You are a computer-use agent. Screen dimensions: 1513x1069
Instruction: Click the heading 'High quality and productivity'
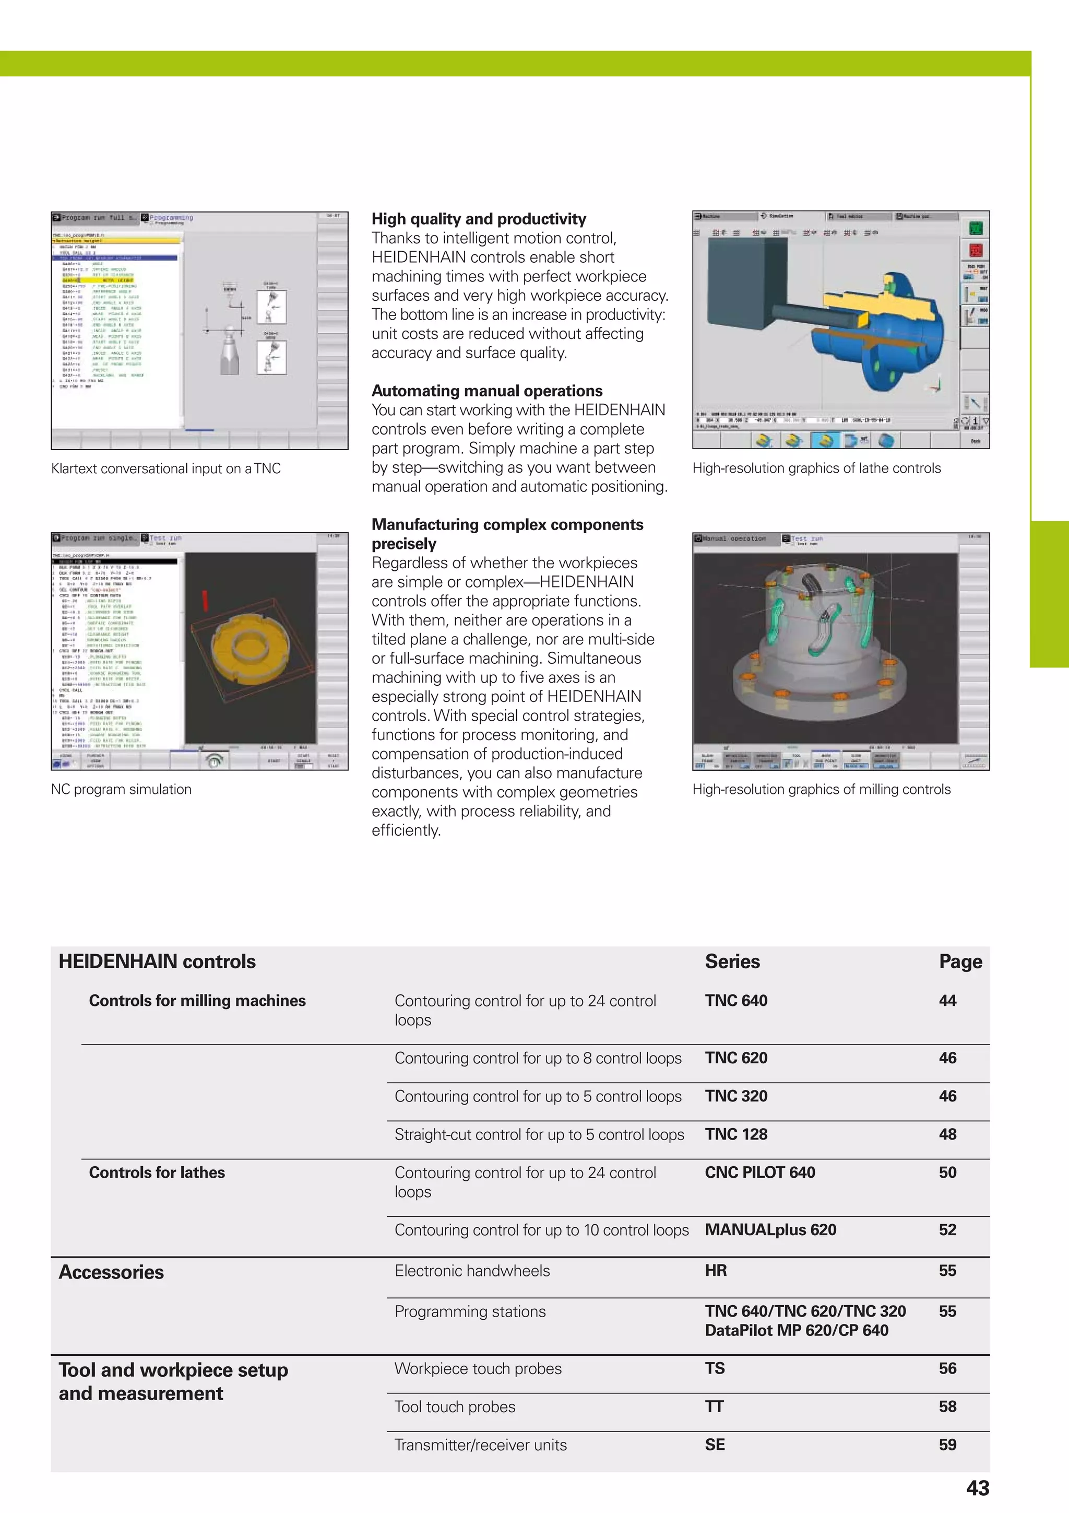click(478, 219)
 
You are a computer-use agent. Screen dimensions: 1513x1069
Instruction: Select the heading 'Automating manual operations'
click(487, 391)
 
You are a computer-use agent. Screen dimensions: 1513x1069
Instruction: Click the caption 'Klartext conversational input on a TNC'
click(166, 468)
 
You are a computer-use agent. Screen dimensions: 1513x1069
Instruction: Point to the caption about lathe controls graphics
click(816, 468)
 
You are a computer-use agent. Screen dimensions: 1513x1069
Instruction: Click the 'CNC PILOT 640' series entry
click(759, 1172)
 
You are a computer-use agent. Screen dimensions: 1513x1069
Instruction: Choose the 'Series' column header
click(732, 961)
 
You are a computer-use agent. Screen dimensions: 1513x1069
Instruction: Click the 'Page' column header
click(960, 961)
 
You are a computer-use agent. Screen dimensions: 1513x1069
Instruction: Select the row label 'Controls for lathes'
click(157, 1172)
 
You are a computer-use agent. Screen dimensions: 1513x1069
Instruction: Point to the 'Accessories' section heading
click(111, 1272)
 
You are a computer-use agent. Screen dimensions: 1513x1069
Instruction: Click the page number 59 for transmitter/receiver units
click(947, 1445)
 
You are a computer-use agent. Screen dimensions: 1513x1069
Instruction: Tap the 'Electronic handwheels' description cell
click(471, 1271)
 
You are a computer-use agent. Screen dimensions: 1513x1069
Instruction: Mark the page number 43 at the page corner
click(978, 1488)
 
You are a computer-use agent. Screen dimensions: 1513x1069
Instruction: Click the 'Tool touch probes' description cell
click(455, 1406)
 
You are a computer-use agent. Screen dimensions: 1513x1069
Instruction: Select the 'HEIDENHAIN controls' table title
click(157, 961)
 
